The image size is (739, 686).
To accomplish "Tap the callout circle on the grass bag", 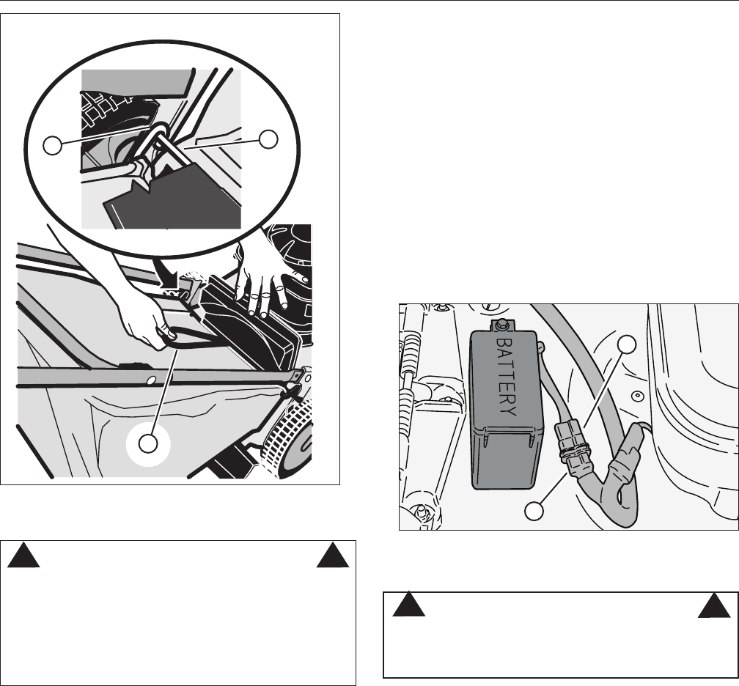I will coord(149,443).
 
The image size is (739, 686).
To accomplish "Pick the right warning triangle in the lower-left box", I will coord(332,558).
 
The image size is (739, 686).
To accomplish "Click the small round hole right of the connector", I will coord(637,397).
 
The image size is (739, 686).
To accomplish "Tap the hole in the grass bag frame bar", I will coord(150,380).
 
